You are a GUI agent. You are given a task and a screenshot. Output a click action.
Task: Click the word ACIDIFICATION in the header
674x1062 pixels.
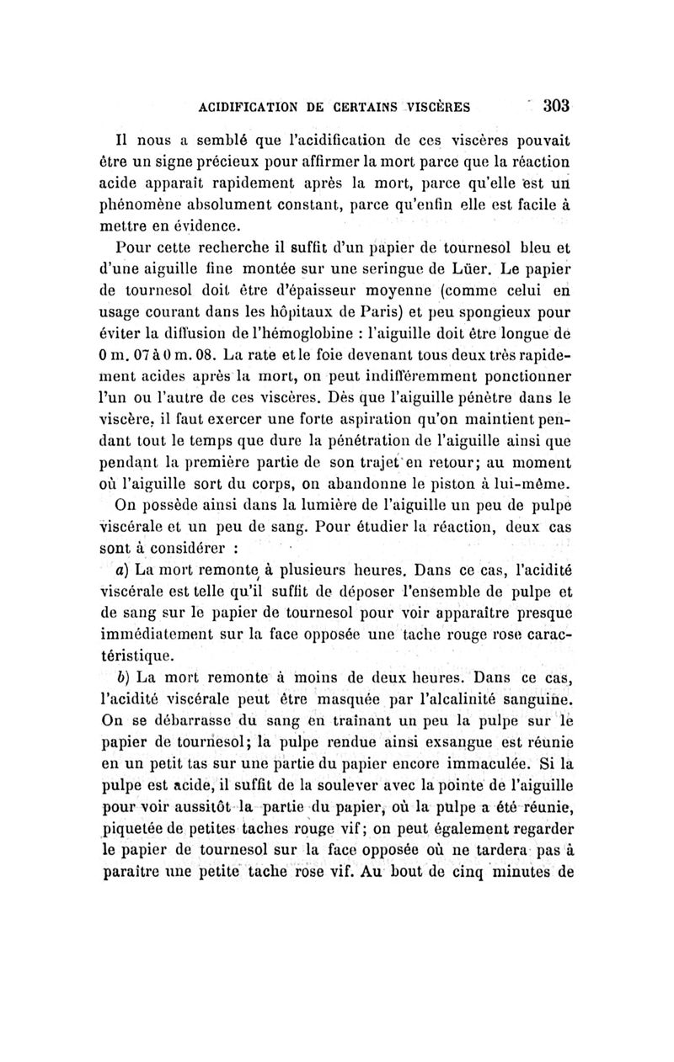(x=249, y=108)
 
